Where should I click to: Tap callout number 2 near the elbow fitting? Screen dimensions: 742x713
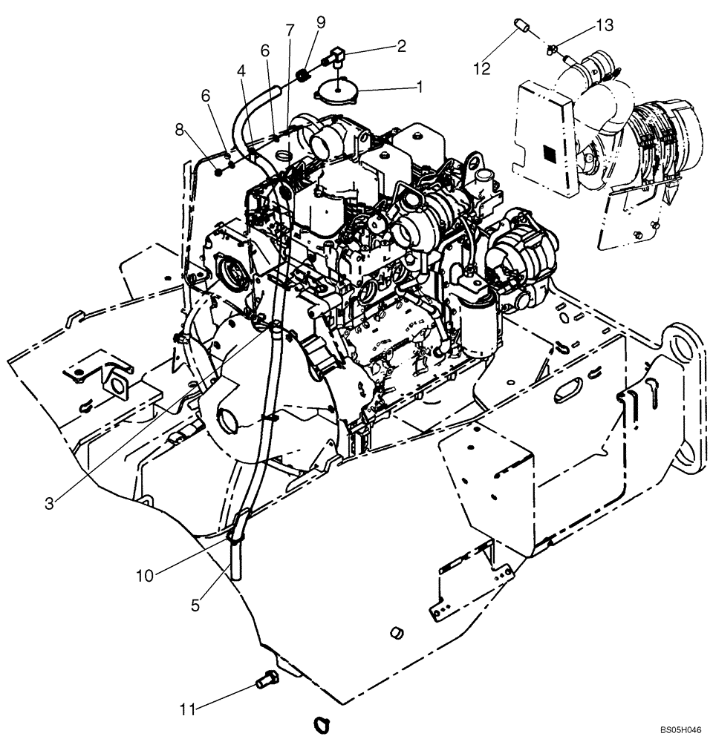402,46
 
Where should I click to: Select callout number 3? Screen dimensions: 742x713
50,503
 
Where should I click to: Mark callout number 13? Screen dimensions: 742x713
605,26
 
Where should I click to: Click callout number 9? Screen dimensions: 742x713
320,22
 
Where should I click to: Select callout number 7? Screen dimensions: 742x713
290,30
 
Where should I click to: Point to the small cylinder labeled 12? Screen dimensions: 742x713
521,29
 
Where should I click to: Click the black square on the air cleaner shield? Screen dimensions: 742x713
550,154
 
